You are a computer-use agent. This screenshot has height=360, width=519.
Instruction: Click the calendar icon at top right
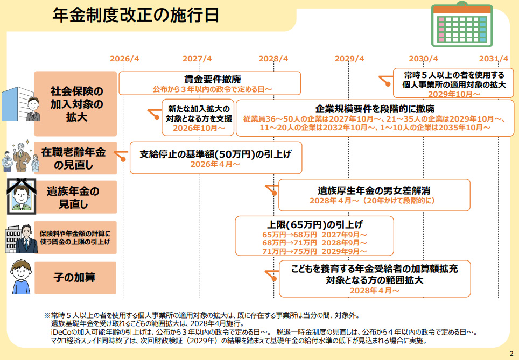click(x=462, y=25)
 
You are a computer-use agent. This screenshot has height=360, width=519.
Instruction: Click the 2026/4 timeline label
click(x=124, y=59)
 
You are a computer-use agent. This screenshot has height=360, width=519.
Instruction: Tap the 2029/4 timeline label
click(x=349, y=59)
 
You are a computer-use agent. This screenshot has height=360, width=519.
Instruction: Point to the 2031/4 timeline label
click(x=494, y=59)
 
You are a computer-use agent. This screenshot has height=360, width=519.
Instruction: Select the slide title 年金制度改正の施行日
click(x=136, y=16)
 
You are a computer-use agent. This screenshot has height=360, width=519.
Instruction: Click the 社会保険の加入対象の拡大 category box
click(x=76, y=103)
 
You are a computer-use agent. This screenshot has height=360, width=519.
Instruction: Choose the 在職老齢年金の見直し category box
click(x=76, y=158)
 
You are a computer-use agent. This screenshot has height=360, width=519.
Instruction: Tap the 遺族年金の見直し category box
click(x=76, y=197)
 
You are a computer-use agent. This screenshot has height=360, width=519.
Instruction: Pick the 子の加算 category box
click(x=76, y=277)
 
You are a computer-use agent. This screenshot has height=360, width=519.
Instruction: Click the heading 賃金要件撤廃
click(x=209, y=79)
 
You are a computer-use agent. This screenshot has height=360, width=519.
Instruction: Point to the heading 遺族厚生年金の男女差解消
click(x=374, y=190)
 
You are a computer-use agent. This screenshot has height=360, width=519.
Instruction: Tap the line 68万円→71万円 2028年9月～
click(x=314, y=243)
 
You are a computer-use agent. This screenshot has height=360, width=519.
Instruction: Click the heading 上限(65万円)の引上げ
click(x=314, y=224)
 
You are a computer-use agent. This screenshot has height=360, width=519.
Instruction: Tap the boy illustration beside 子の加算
click(x=20, y=278)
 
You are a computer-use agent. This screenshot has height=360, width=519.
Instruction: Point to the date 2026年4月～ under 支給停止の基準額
click(x=215, y=164)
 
